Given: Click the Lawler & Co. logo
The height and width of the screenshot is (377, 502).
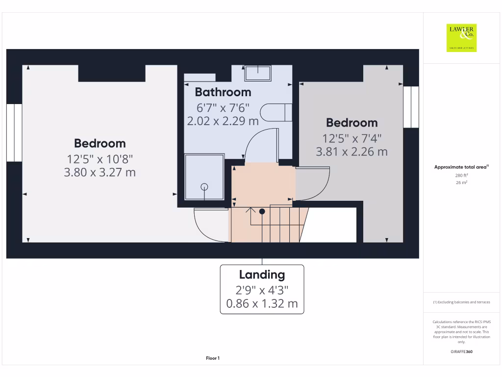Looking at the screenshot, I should click(x=461, y=38).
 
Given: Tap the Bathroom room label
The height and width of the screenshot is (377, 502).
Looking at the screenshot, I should click(x=223, y=92).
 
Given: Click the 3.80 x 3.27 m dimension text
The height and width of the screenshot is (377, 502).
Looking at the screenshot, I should click(x=100, y=172).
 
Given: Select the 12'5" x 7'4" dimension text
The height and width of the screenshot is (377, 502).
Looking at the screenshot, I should click(x=352, y=138).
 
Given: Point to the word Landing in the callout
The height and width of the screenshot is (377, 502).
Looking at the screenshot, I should click(x=262, y=275).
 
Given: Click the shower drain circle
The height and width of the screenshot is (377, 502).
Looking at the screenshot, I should click(x=204, y=186).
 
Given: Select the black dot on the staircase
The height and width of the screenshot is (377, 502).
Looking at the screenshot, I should click(x=262, y=212).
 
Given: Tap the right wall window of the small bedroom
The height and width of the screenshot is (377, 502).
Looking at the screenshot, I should click(x=411, y=107).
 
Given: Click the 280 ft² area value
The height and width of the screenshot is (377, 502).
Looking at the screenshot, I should click(x=461, y=175).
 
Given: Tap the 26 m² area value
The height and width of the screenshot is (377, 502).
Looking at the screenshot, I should click(x=461, y=183).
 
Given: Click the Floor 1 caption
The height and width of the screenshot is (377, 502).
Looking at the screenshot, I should click(x=213, y=358).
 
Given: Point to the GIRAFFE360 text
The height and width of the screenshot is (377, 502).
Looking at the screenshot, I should click(x=461, y=351).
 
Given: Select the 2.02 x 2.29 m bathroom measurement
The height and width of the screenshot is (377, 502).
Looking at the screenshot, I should click(x=223, y=121).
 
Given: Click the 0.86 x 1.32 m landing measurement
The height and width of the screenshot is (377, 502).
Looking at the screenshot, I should click(x=262, y=304).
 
